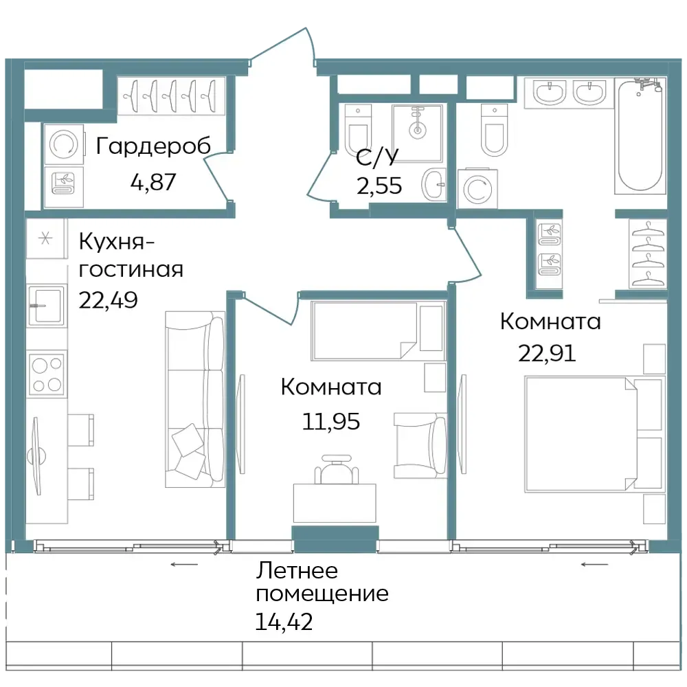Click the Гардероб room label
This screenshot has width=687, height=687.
pos(153,146)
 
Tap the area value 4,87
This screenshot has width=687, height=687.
pos(153,182)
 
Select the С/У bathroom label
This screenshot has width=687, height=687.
pos(377,158)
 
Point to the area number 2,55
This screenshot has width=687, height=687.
pos(379,185)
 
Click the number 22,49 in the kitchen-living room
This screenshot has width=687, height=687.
pos(109,300)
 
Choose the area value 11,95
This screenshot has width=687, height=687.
pos(331,422)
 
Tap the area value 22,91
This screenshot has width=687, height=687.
pos(547,352)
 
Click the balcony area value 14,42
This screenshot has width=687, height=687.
pos(284,621)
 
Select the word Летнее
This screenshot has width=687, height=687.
pos(297,571)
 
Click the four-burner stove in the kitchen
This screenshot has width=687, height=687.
pos(47,374)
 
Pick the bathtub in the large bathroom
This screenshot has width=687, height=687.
pos(640,136)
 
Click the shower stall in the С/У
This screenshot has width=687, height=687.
pos(418,133)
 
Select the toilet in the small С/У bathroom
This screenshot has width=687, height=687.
pos(358,128)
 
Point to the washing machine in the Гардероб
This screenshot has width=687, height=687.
pos(64,144)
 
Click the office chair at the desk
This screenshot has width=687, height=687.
pos(337,470)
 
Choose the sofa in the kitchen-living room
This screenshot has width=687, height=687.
pos(195,399)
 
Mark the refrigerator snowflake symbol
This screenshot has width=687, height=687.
pos(45,239)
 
